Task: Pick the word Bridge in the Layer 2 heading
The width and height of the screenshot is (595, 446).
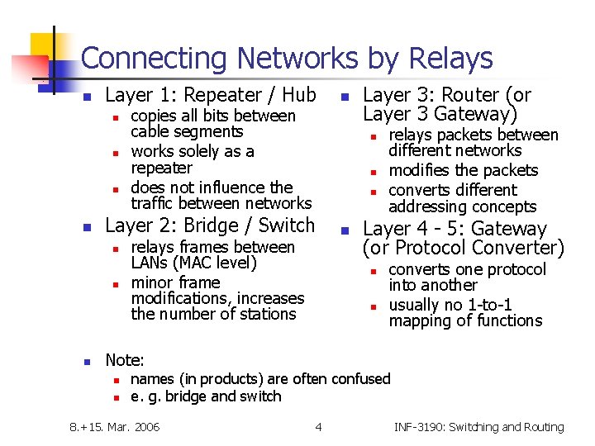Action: [209, 225]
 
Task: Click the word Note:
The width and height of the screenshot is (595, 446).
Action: [125, 360]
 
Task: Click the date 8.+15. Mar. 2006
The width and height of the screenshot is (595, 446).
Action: [113, 427]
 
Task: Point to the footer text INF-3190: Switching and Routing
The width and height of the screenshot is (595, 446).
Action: [478, 427]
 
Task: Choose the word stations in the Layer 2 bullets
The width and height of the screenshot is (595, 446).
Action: [268, 315]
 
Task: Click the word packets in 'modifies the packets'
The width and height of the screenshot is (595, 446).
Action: [512, 171]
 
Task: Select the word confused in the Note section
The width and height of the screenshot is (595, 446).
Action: [360, 379]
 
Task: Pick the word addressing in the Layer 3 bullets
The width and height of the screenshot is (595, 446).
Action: [426, 207]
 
